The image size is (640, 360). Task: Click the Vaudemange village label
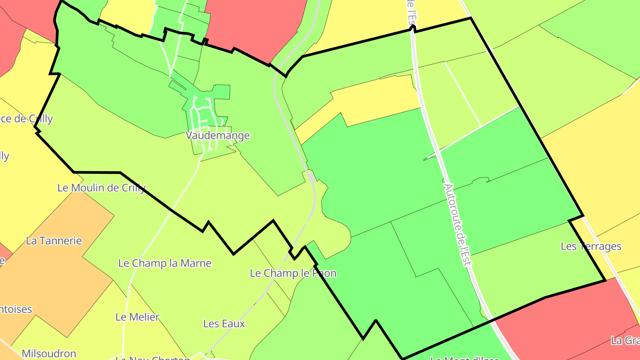click(218, 136)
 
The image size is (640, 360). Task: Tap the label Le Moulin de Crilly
click(101, 188)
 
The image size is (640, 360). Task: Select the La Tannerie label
click(54, 241)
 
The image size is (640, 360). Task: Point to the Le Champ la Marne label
click(164, 263)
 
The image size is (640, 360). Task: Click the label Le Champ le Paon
click(293, 273)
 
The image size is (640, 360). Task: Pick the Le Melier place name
click(137, 317)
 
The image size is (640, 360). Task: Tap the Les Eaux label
click(224, 324)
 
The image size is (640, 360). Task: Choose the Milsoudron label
click(49, 354)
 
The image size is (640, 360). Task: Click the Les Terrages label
click(591, 246)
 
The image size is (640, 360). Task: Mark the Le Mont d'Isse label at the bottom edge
click(465, 357)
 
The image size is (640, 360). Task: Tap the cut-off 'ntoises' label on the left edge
click(16, 309)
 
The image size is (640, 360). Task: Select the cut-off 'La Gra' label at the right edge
click(625, 341)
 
